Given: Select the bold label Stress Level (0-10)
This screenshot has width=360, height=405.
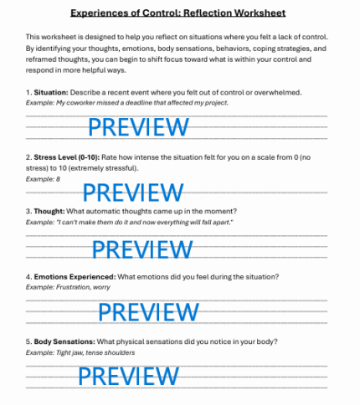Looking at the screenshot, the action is pos(67,156).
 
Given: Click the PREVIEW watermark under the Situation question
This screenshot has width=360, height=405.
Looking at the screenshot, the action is pos(138,127).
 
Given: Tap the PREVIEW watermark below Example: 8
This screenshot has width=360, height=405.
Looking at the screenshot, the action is pos(138,192).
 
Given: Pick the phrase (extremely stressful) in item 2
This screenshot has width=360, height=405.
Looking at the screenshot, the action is pos(108,167).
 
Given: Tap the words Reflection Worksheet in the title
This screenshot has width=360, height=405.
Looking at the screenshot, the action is pos(234,13).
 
